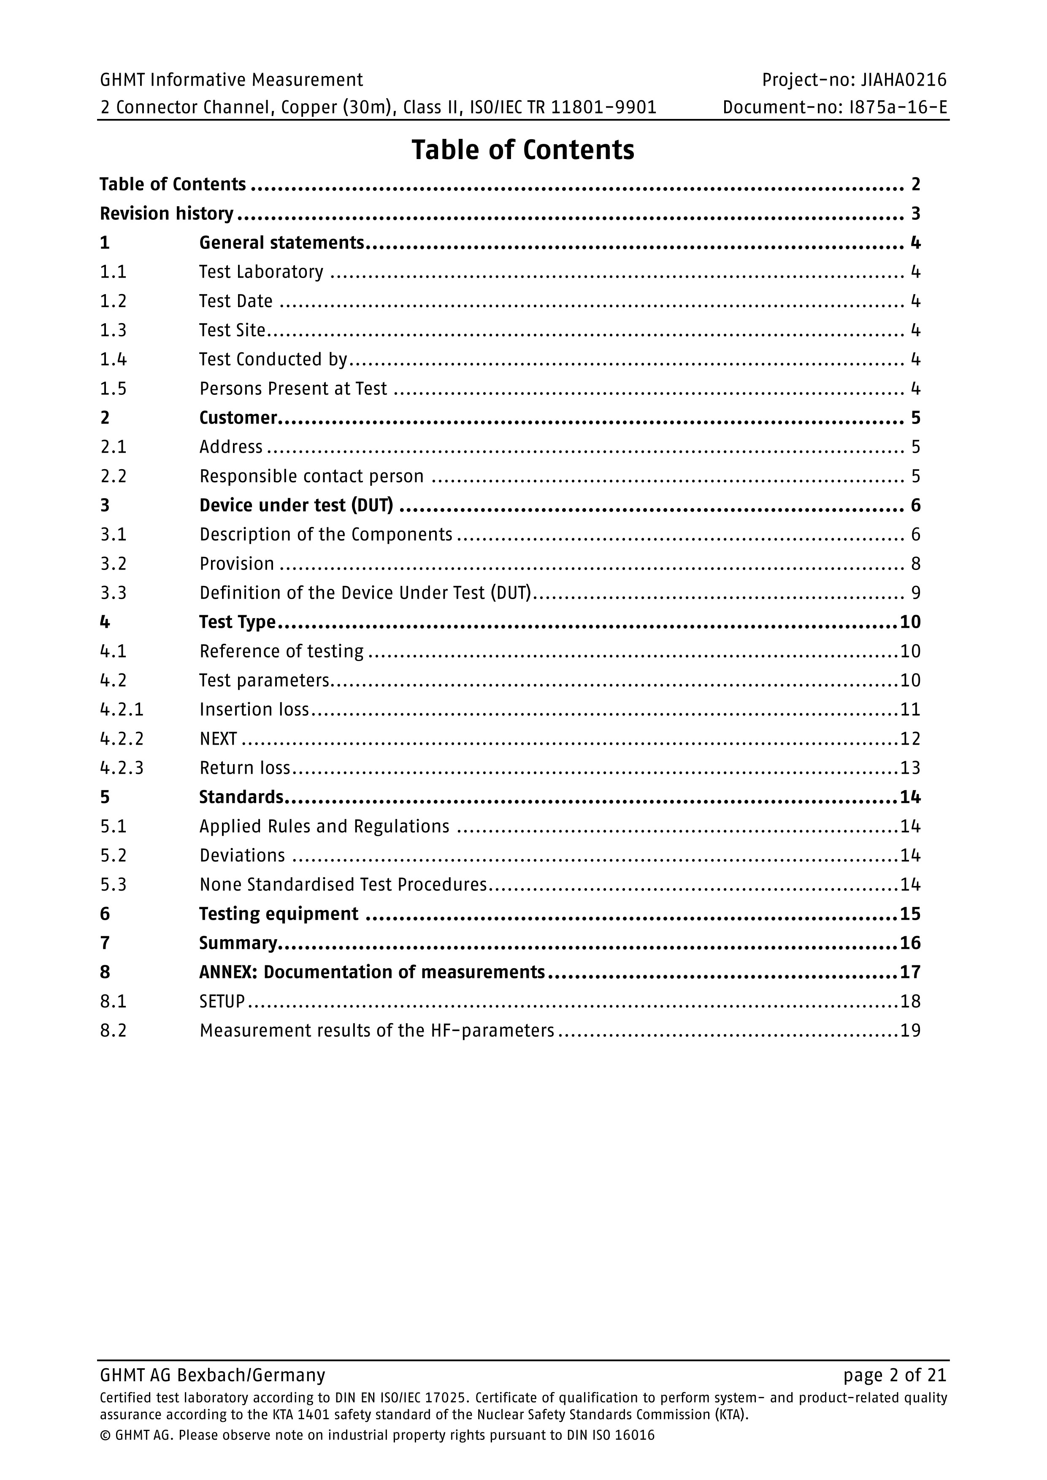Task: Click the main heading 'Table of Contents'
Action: [x=523, y=150]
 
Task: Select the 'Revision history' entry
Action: [x=166, y=213]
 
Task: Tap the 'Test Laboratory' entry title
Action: [x=261, y=272]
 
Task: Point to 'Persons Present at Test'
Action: [x=293, y=389]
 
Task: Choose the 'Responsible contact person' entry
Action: [x=311, y=476]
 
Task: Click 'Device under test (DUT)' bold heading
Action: [x=296, y=505]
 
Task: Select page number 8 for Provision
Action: [x=915, y=564]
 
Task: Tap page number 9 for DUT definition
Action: [x=915, y=593]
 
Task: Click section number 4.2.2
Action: [x=122, y=739]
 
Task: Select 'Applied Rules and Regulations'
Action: [x=324, y=826]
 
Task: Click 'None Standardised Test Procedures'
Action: [x=343, y=884]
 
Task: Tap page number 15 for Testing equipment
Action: [x=910, y=914]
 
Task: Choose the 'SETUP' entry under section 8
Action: [x=222, y=1002]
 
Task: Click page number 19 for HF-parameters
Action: [x=910, y=1031]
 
